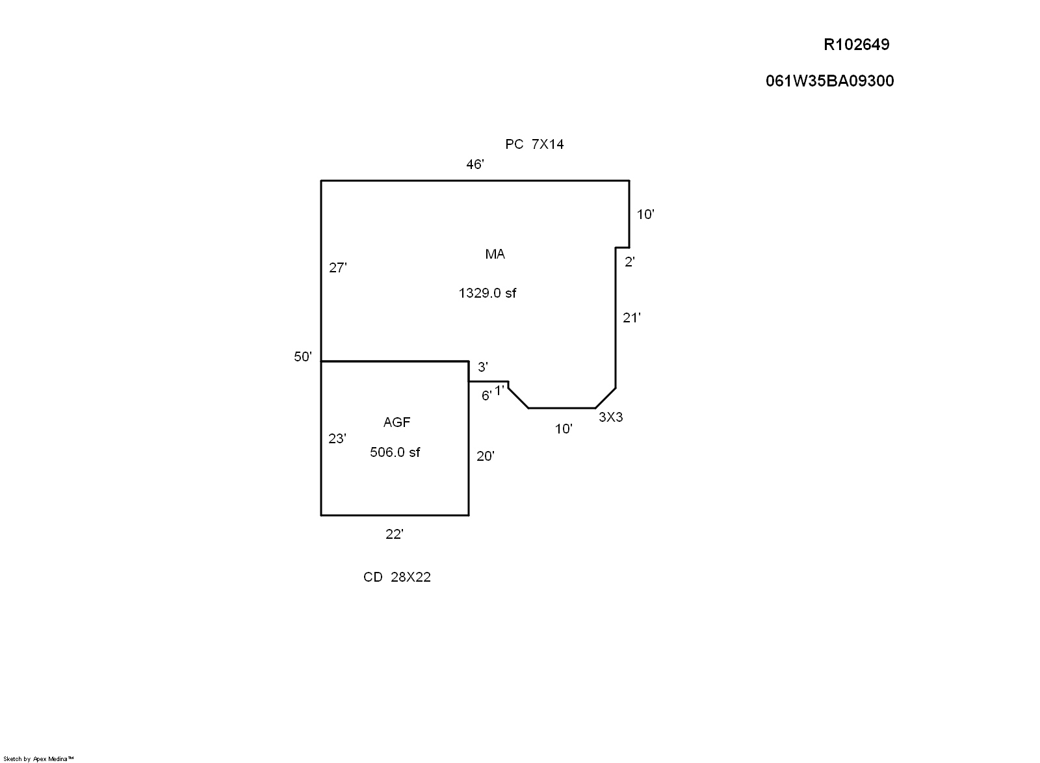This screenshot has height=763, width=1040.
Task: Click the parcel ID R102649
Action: coord(856,45)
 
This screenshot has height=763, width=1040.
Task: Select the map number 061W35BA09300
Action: coord(829,81)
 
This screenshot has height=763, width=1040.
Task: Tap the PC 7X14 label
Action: coord(534,144)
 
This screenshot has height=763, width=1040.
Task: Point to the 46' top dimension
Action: coord(475,165)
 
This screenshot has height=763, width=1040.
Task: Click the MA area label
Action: coord(495,254)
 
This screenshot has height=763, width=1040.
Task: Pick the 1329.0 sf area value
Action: coord(487,293)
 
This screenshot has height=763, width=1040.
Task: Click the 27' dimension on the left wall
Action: coord(338,268)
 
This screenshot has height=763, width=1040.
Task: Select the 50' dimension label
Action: coord(303,357)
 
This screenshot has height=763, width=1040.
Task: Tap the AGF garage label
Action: coord(396,422)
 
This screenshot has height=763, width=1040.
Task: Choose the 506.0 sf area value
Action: coord(395,452)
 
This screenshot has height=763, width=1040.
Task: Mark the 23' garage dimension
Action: coord(337,439)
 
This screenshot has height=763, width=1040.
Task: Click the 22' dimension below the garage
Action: coord(395,534)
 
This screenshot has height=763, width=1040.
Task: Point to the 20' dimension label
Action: coord(486,456)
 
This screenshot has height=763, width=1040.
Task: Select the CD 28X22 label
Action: coord(397,577)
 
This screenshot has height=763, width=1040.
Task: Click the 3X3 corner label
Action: coord(610,417)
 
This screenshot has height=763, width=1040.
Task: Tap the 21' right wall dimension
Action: coord(632,318)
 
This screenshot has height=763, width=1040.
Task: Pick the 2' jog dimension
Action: coord(629,263)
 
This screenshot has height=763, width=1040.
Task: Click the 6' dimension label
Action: coord(486,396)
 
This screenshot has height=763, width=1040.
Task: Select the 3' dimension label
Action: coord(483,367)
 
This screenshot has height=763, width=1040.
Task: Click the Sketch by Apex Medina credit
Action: coord(39,758)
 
